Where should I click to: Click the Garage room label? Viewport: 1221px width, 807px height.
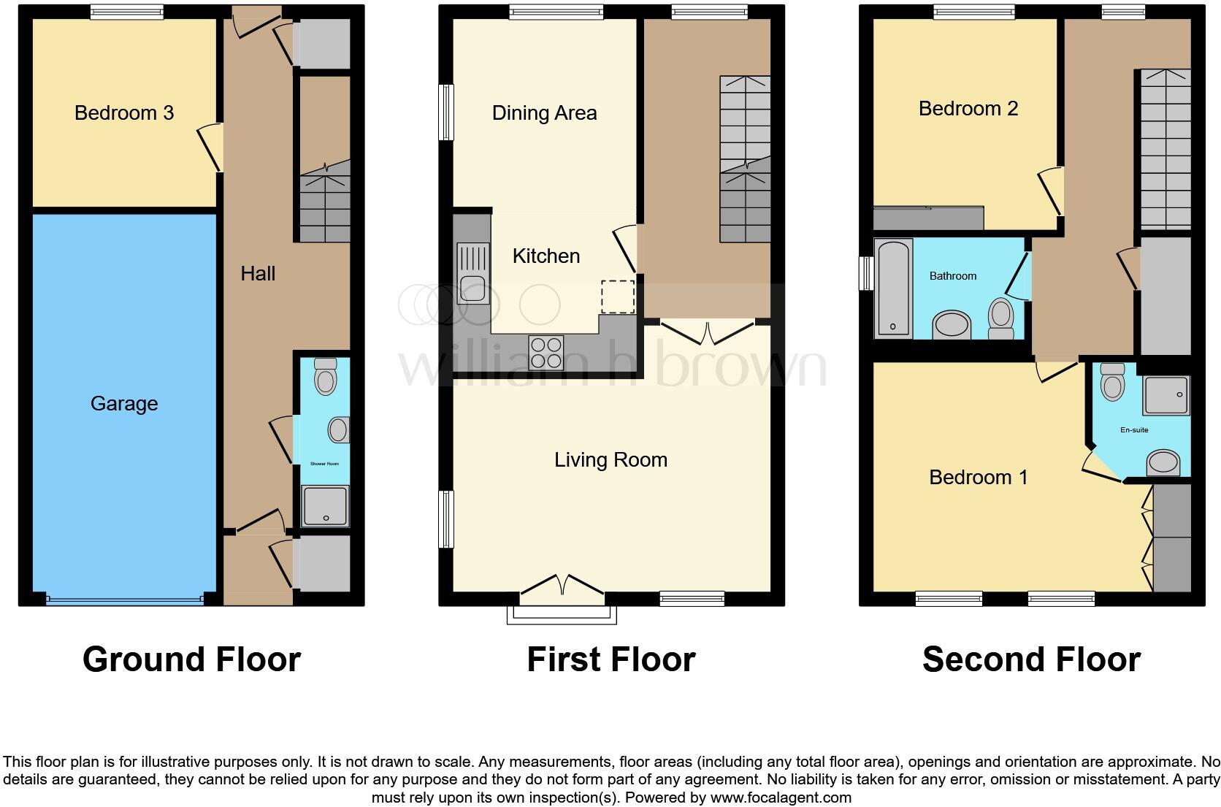click(x=124, y=403)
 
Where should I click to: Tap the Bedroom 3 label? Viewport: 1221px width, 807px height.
click(x=124, y=112)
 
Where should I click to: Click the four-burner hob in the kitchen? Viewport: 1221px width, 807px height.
click(x=546, y=352)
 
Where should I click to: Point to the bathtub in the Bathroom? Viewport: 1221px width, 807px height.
click(x=894, y=288)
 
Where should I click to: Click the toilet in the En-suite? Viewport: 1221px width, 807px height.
click(x=1112, y=382)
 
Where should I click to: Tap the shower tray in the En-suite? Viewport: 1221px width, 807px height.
click(x=1166, y=395)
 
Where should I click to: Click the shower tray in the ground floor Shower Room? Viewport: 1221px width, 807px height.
click(x=325, y=506)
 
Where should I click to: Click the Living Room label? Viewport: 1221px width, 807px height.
click(x=610, y=459)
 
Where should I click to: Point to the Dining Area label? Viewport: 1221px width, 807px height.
click(x=544, y=112)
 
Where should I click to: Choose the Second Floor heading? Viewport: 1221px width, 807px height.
click(x=1031, y=659)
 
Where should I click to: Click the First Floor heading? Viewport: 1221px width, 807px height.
click(x=610, y=659)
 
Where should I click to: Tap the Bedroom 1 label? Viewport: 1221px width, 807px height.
click(x=978, y=477)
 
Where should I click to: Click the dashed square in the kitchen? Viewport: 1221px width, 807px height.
click(x=617, y=297)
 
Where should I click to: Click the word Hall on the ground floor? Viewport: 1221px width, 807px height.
click(x=258, y=273)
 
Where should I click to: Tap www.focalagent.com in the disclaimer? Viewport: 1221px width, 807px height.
click(x=781, y=797)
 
